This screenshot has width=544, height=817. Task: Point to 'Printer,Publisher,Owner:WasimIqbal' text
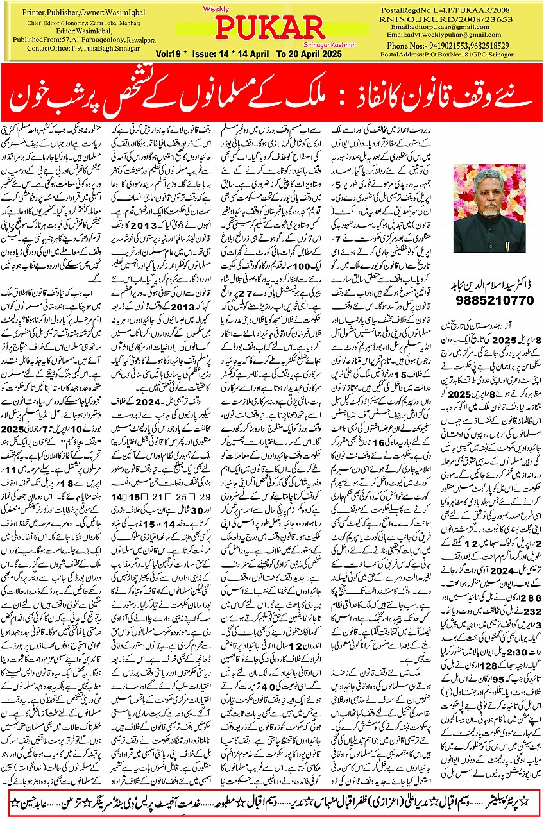pyautogui.click(x=83, y=12)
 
